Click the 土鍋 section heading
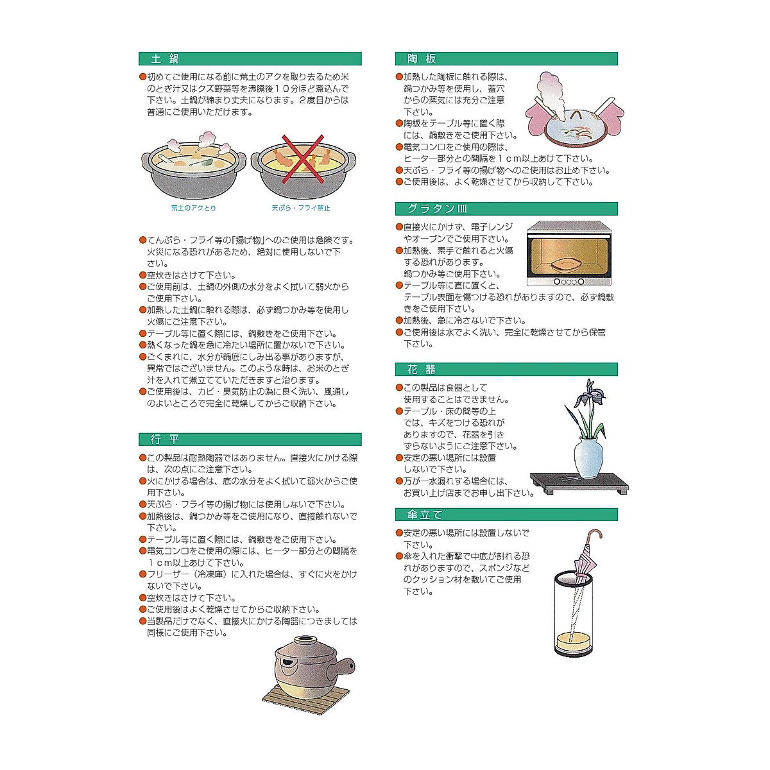(x=165, y=59)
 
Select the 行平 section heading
(x=165, y=440)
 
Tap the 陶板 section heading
(x=422, y=59)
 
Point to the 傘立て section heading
(x=425, y=515)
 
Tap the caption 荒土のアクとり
(x=193, y=208)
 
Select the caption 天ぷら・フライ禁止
(x=300, y=208)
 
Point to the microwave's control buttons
(x=568, y=281)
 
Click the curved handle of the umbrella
(x=596, y=535)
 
